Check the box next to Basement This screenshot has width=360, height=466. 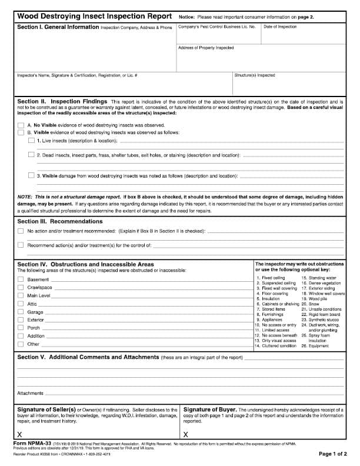click(x=21, y=279)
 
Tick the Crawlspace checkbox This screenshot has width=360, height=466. click(x=21, y=288)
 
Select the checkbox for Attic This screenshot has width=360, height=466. click(x=21, y=304)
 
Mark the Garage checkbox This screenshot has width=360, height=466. click(x=21, y=312)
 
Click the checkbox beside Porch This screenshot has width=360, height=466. click(x=21, y=328)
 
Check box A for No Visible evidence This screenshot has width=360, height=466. click(x=21, y=125)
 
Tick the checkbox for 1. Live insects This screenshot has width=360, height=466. click(x=31, y=141)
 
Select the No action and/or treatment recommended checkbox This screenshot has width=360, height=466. click(x=21, y=232)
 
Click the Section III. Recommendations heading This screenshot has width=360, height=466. click(x=60, y=221)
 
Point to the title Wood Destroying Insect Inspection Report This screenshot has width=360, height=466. click(x=94, y=16)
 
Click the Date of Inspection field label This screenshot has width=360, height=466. click(x=280, y=27)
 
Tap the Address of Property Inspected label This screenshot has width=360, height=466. click(x=206, y=48)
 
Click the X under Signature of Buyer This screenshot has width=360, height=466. click(x=186, y=434)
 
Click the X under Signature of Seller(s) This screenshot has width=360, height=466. click(x=20, y=434)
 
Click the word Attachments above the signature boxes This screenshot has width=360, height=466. click(x=30, y=393)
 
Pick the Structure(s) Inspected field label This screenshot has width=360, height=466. click(x=255, y=75)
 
